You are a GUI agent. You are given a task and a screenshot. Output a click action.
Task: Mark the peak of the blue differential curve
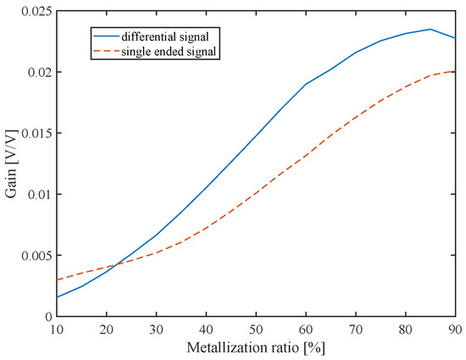[431, 30]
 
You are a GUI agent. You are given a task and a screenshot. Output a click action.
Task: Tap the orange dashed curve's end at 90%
[456, 71]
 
